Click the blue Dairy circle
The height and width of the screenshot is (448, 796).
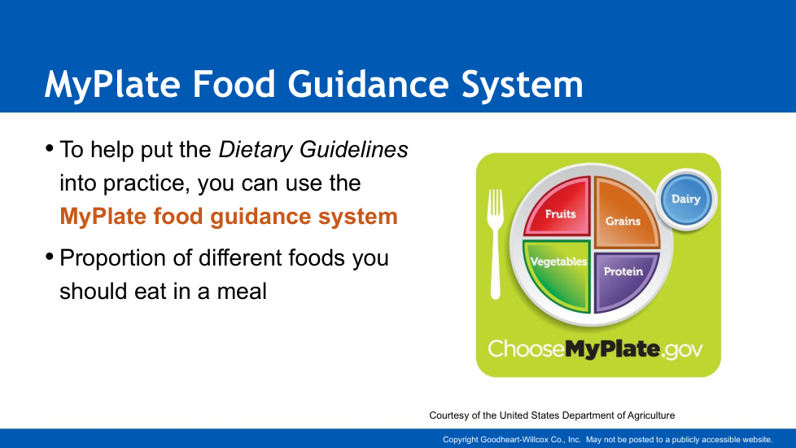(686, 199)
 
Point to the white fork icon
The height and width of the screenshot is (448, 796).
(495, 244)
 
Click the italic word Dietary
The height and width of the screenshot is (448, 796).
(256, 150)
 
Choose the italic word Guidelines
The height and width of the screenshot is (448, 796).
(353, 149)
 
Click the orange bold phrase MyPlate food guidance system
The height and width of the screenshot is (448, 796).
(229, 217)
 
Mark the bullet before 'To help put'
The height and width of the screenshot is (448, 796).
(50, 148)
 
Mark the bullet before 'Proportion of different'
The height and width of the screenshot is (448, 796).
(50, 257)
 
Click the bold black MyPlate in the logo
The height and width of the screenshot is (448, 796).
(612, 349)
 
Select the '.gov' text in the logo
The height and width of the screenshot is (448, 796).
(682, 350)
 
